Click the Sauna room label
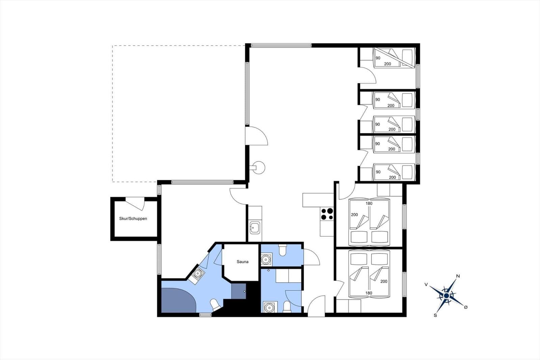(x=242, y=262)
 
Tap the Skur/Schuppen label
(x=133, y=218)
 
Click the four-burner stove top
(x=327, y=214)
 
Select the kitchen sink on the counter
(x=255, y=228)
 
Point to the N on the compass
(x=458, y=276)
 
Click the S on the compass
(x=435, y=315)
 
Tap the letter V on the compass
(x=426, y=285)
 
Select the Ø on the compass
(x=465, y=307)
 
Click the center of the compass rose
(x=447, y=295)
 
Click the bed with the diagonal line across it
(x=394, y=58)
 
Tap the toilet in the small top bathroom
(x=282, y=251)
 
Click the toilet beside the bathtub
(x=215, y=304)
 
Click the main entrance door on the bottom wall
(x=317, y=306)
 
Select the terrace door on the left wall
(x=256, y=136)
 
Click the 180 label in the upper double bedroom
(x=369, y=203)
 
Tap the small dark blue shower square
(x=239, y=291)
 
